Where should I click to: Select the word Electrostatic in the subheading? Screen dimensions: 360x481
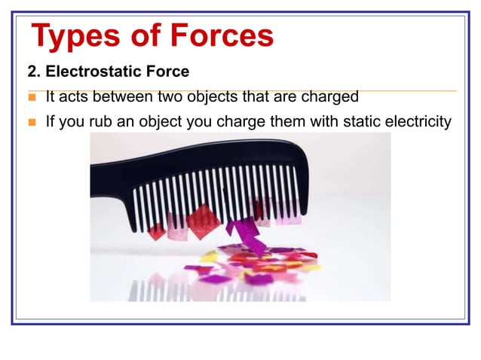(x=97, y=72)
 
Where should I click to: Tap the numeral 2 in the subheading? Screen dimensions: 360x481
(x=32, y=72)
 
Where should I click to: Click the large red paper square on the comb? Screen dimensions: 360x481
(x=203, y=221)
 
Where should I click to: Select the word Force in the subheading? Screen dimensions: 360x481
(x=167, y=72)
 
